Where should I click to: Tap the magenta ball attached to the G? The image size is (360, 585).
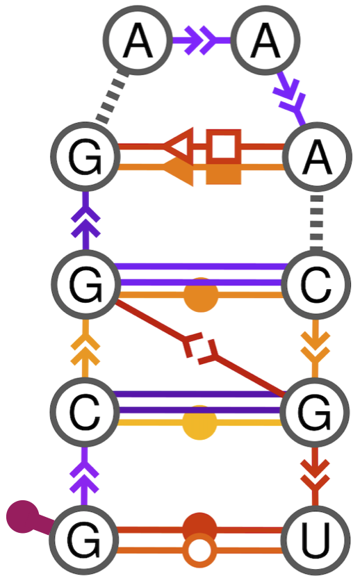[22, 516]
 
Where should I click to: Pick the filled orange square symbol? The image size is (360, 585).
[223, 171]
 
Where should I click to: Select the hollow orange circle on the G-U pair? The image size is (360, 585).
[199, 552]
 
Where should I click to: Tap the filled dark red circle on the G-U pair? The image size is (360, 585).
[199, 529]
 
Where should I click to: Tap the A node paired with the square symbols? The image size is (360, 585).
[315, 158]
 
